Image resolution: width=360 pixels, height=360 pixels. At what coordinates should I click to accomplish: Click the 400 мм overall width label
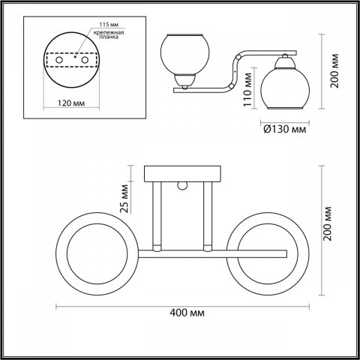pos(187,313)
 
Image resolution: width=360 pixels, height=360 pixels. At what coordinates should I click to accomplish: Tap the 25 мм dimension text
pos(124,199)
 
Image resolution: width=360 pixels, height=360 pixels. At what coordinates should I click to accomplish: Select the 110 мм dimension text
pos(247,89)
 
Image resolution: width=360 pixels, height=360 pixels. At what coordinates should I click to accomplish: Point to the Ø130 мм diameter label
pos(285,129)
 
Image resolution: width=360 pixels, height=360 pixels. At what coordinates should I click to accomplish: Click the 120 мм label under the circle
pos(71,103)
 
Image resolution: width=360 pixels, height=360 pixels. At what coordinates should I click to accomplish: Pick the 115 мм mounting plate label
pos(109,25)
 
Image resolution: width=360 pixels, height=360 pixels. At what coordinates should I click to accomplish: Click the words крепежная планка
pos(109,34)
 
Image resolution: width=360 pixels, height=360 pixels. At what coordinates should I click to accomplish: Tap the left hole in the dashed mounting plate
pos(59,60)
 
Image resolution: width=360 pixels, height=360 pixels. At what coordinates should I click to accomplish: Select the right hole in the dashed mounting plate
pos(85,60)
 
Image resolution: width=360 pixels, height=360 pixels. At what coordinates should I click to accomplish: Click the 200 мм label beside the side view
pos(334,71)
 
